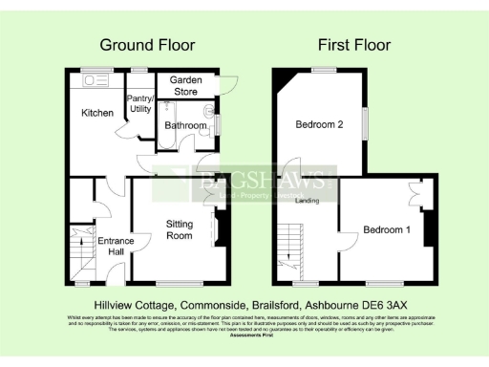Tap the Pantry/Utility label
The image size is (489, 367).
click(140, 104)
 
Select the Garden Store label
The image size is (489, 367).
click(185, 86)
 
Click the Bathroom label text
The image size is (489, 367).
click(184, 125)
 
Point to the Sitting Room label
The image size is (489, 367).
click(180, 229)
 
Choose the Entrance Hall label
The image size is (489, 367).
click(116, 246)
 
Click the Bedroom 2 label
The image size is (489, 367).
click(318, 125)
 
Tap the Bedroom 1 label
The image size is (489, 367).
click(386, 229)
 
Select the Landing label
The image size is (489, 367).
click(308, 201)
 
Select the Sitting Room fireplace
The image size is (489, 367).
click(217, 229)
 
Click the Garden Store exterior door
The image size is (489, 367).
click(225, 82)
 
